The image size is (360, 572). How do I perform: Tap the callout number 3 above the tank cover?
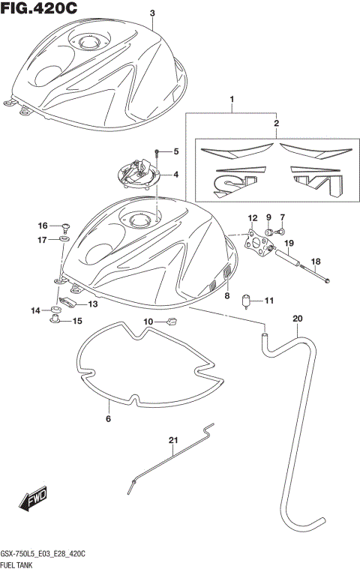pos(152,13)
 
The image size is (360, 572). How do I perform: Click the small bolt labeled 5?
pos(156,152)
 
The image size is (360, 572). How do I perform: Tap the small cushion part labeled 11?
pos(244,302)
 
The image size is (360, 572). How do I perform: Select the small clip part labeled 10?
pos(171,322)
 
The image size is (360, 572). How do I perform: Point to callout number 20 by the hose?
pos(297,319)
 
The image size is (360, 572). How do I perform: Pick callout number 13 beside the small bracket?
pos(93,304)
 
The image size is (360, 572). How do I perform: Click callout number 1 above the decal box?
pos(232,100)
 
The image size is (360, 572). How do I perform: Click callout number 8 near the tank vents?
pos(226,296)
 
